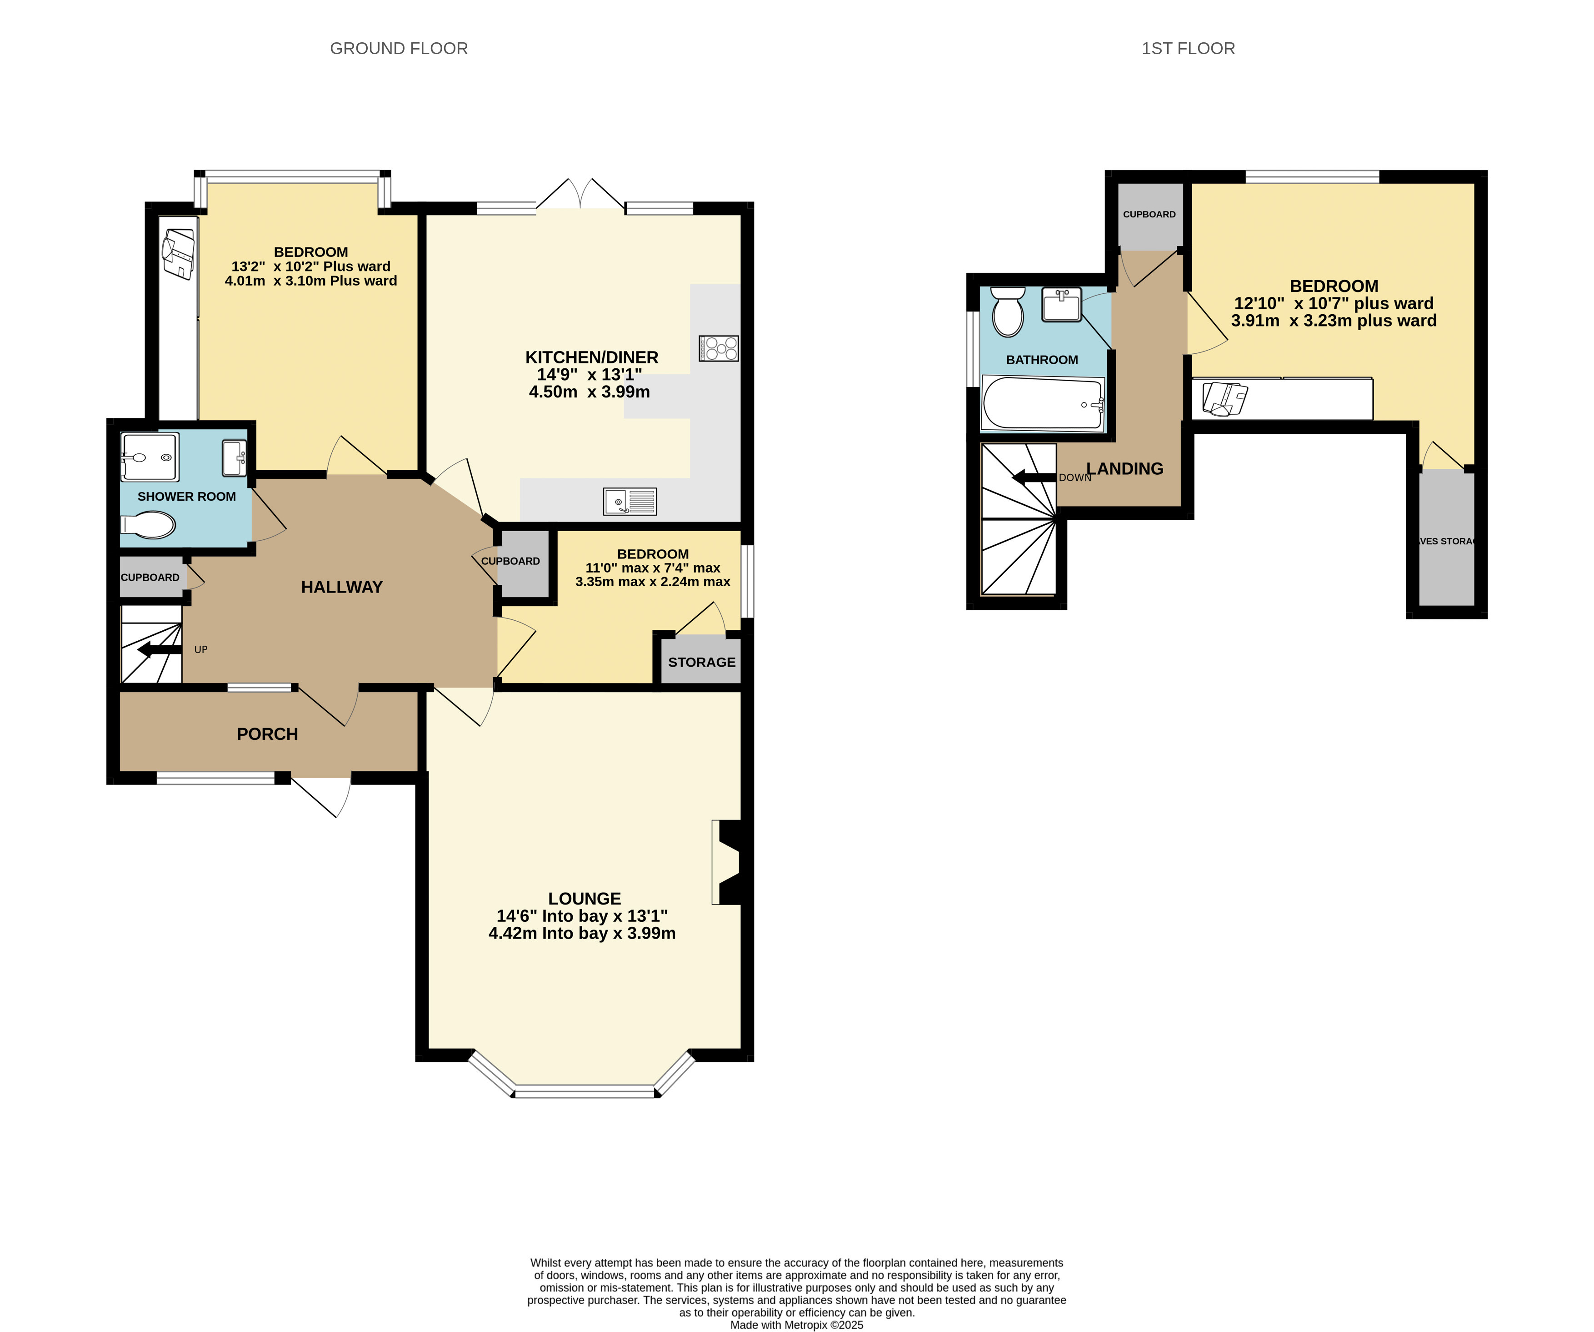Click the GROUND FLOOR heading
(399, 49)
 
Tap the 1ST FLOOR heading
(1188, 49)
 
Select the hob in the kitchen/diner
(719, 348)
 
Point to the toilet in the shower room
(149, 524)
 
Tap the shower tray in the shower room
(150, 457)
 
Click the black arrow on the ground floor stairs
(160, 649)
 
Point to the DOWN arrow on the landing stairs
(1034, 478)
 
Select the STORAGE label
(701, 662)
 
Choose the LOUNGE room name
(585, 898)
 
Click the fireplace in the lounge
(730, 862)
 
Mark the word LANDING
(1125, 468)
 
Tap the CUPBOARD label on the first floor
(1149, 214)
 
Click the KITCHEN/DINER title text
(592, 357)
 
